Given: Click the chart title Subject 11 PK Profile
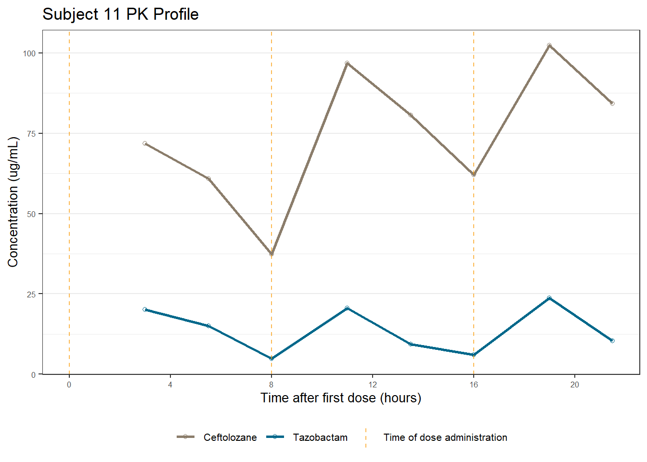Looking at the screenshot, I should coord(120,14).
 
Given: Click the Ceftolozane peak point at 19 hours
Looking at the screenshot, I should coord(549,45).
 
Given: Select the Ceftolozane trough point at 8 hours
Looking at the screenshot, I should coord(272,254).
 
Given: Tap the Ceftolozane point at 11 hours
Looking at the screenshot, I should coord(347,63).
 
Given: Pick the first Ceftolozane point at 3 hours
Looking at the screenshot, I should coord(145,143).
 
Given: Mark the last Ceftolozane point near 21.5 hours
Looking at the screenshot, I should coord(612,103).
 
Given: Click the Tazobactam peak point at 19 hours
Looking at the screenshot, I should coord(549,298).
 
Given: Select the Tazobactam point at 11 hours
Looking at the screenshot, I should coord(347,308).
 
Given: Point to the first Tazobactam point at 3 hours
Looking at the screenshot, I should coord(145,309).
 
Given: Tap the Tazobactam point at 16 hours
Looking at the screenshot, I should coord(474,355).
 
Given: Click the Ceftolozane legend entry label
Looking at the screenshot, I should coord(230,437).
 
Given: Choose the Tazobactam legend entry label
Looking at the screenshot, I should coord(320,437).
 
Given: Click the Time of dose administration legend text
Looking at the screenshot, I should coord(445,437).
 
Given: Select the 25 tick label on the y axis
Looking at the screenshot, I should coord(31,294).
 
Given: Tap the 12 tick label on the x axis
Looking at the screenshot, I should coord(373,385).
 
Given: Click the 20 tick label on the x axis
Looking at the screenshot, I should coord(575,385).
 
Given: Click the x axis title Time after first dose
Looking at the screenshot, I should coord(341,398).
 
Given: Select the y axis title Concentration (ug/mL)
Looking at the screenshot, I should coord(13,202).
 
